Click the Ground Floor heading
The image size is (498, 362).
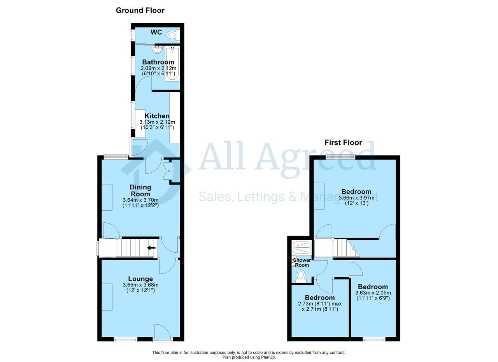point(140,10)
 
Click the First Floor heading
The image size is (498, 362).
point(343,142)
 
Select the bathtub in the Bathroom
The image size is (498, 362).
point(172,64)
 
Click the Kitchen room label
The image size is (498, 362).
point(157,116)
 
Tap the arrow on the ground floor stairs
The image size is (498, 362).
point(151,248)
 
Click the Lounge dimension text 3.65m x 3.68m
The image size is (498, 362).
point(140,285)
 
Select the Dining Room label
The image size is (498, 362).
point(140,191)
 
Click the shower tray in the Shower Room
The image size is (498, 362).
point(302,248)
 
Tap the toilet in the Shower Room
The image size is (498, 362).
point(301,276)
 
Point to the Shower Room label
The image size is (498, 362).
point(302,262)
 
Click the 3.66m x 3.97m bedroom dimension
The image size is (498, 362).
point(356,198)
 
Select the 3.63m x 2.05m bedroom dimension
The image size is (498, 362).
point(373,293)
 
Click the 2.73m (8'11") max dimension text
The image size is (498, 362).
point(320,304)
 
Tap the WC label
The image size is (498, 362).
point(156,32)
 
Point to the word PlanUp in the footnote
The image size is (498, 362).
point(268,357)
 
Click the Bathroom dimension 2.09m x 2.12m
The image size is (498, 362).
point(158,68)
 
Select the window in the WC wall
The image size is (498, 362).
point(133,35)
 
